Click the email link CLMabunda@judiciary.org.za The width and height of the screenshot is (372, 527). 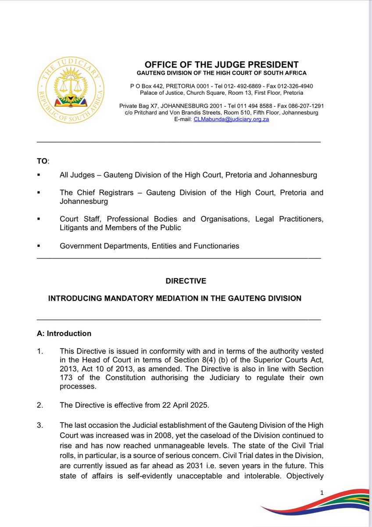231,119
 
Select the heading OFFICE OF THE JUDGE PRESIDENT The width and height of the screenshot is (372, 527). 222,65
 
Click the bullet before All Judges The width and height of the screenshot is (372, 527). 39,175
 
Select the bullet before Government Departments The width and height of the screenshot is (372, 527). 39,246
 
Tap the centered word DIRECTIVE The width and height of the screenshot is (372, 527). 186,281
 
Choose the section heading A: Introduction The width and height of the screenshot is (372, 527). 64,333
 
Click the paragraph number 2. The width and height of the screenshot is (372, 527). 40,405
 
